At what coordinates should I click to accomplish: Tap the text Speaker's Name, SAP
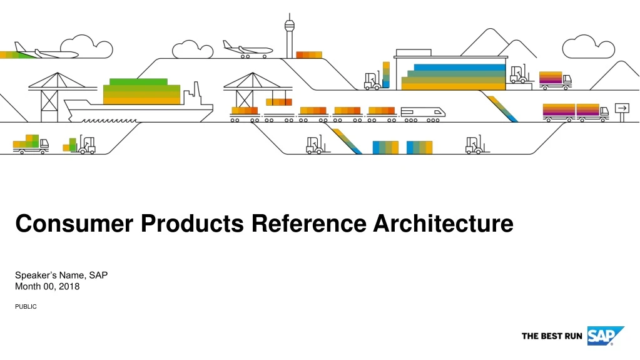tap(62, 275)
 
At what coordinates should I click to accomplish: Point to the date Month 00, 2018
tap(47, 286)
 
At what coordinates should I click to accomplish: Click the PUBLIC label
tap(26, 306)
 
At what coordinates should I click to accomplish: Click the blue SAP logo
tap(604, 336)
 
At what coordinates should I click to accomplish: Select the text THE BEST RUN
tap(552, 337)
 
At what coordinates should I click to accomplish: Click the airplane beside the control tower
tap(248, 49)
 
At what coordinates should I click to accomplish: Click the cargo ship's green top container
tap(138, 82)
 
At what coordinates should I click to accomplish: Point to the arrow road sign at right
tap(622, 108)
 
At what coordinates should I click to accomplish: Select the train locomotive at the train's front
tap(424, 111)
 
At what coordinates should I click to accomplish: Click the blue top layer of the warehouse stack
tap(459, 67)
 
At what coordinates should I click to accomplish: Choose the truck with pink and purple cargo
tap(554, 79)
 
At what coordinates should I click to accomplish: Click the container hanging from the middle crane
tap(278, 101)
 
